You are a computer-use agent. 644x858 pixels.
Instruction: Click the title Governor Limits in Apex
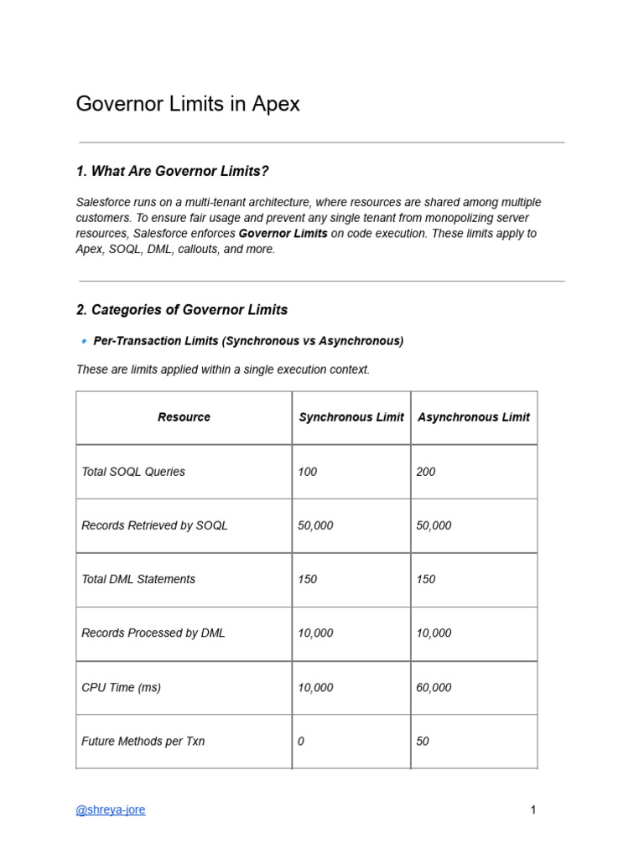tap(188, 104)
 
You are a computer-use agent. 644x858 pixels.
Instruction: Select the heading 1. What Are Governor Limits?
tap(172, 171)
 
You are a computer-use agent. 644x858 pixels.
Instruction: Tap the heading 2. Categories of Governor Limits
tap(182, 310)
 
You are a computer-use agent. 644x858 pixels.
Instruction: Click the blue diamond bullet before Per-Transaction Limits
tap(84, 342)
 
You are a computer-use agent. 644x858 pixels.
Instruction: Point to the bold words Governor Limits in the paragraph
tap(283, 234)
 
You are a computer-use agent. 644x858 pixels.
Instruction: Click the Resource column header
tap(184, 417)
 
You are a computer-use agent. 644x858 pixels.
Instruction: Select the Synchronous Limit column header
tap(351, 417)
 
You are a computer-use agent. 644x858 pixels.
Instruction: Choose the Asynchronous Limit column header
tap(474, 417)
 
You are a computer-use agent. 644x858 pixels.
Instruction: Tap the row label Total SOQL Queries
tap(133, 472)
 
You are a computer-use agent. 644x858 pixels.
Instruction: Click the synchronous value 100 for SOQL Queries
tap(308, 472)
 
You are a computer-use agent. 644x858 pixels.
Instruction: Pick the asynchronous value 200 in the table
tap(426, 472)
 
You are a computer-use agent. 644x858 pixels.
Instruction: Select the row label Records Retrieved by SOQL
tap(154, 525)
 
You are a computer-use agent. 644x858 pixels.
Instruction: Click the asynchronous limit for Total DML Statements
tap(426, 580)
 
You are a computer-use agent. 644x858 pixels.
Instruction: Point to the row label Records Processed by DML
tap(153, 633)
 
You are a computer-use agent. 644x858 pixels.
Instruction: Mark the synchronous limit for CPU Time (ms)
tap(315, 688)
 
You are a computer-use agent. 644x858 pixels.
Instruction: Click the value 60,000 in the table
tap(434, 688)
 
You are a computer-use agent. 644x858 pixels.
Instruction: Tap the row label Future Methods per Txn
tap(143, 742)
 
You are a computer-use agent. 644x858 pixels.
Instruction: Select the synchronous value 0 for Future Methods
tap(301, 742)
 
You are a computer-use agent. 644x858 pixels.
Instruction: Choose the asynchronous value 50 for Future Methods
tap(423, 742)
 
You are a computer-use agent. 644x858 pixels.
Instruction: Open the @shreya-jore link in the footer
tap(111, 810)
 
